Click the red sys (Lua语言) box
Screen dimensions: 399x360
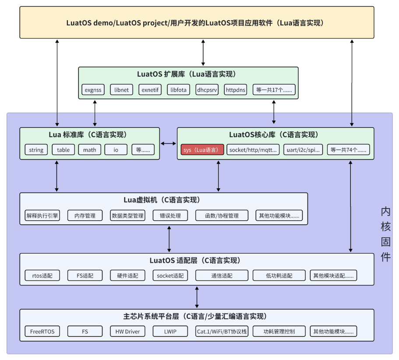point(202,150)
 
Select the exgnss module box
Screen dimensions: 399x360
point(93,89)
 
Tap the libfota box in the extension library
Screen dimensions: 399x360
point(178,89)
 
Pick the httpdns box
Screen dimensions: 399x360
point(235,89)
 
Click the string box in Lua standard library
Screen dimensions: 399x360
point(36,150)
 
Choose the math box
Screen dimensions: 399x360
point(90,150)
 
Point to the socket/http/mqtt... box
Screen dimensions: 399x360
point(253,150)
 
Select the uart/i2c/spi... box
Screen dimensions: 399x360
point(303,150)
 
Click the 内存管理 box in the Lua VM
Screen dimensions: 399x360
point(85,215)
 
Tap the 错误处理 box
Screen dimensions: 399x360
point(170,215)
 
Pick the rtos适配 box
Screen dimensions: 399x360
point(42,275)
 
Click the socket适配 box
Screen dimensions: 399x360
point(170,275)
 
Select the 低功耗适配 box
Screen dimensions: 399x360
point(279,275)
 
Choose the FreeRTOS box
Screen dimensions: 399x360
point(42,331)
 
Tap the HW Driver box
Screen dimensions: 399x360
point(127,331)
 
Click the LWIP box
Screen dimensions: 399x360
point(170,331)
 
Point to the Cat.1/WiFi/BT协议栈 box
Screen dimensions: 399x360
point(222,331)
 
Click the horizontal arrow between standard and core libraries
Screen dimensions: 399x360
point(168,144)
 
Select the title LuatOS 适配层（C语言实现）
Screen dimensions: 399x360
point(195,260)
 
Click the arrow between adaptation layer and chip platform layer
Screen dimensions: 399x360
point(197,297)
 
